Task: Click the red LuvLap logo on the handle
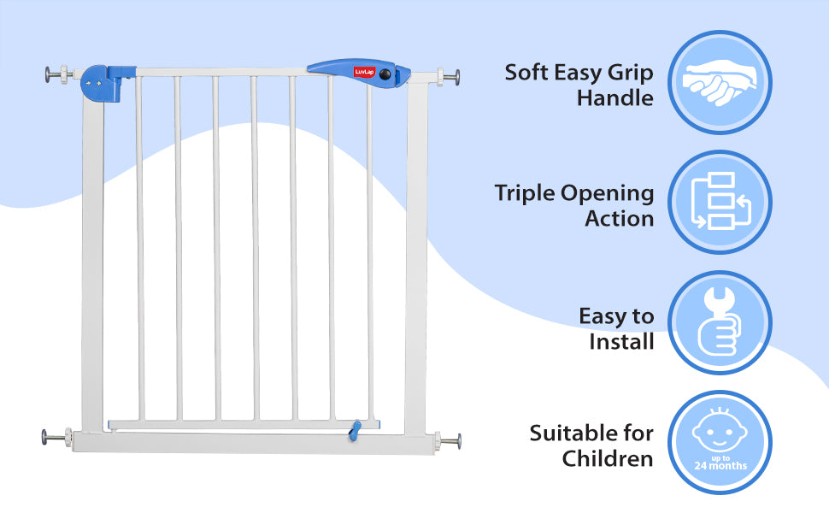(364, 73)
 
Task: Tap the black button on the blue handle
(385, 75)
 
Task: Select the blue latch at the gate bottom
(351, 431)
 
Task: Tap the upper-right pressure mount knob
(450, 76)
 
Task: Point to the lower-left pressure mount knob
(55, 438)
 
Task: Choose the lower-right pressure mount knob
(450, 442)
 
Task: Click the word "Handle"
(614, 97)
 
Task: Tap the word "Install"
(621, 342)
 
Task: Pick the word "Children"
(608, 458)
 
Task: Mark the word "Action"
(620, 219)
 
